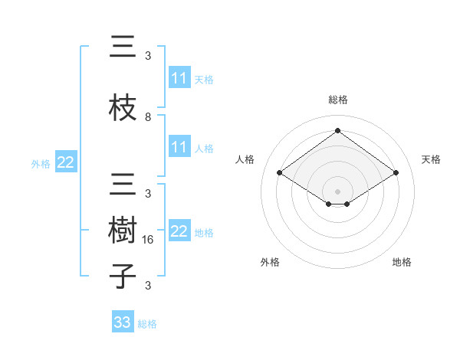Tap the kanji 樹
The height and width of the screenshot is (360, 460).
123,231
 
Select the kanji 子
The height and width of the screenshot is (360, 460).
123,276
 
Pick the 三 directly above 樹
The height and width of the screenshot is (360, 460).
123,186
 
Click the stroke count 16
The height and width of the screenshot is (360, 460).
149,240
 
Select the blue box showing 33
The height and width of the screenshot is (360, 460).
123,322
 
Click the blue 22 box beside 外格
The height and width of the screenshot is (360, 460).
66,162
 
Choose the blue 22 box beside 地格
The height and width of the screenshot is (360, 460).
179,231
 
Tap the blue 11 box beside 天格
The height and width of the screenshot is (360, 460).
179,78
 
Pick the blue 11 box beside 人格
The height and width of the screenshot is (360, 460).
179,147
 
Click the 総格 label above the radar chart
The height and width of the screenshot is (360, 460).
337,100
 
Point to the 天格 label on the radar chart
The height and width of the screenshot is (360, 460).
431,159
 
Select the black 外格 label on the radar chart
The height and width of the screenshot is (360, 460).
270,262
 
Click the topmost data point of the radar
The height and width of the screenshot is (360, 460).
337,131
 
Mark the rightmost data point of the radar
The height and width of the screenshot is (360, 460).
396,173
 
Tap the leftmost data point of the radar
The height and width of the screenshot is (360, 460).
279,173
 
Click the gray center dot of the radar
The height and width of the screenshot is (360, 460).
337,190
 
